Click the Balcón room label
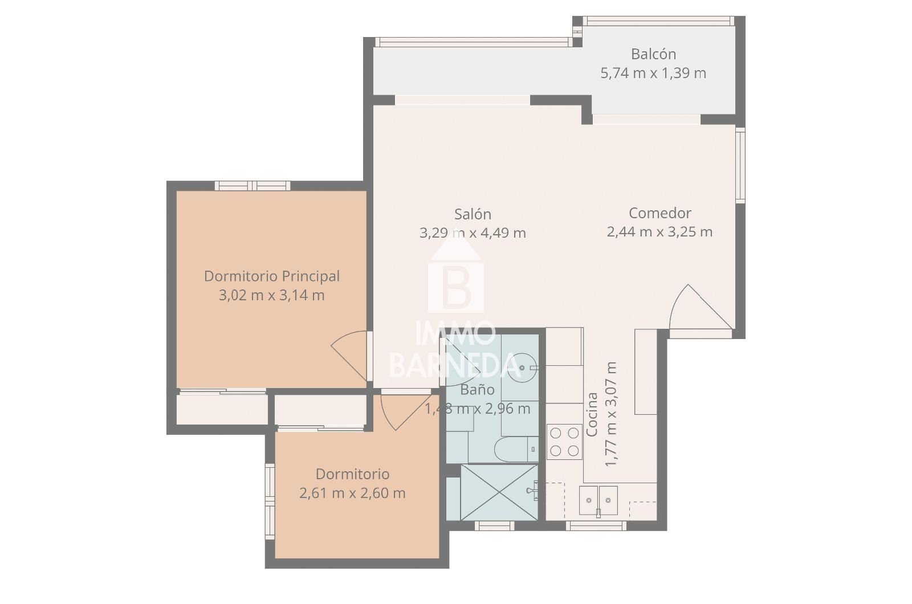click(653, 54)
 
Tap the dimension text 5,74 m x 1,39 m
click(653, 73)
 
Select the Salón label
click(473, 214)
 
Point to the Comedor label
click(660, 213)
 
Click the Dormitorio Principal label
click(272, 276)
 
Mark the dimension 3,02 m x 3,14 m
click(272, 295)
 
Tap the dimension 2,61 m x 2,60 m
click(353, 493)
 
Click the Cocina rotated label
click(592, 414)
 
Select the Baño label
click(478, 390)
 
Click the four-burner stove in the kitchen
click(564, 442)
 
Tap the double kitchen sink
click(598, 500)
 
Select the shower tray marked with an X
click(499, 492)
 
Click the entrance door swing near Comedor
click(701, 307)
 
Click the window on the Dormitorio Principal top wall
click(253, 186)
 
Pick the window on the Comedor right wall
click(740, 165)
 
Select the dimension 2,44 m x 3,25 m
click(660, 232)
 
